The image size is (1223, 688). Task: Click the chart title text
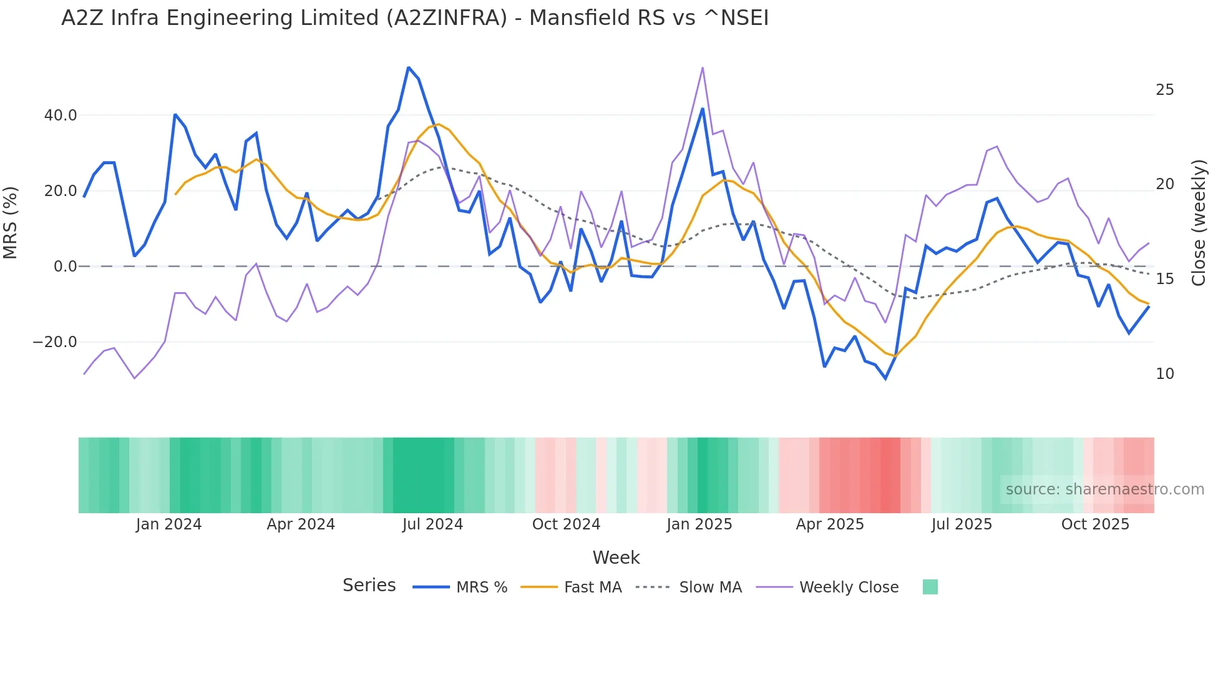click(414, 17)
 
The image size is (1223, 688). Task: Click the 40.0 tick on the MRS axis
click(61, 115)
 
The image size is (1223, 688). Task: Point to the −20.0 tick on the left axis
click(55, 342)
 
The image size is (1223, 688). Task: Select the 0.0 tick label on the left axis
click(65, 267)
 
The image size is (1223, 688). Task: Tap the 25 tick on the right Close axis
click(1164, 90)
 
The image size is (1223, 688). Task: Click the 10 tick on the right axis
click(1164, 374)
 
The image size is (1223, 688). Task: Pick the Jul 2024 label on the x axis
click(432, 524)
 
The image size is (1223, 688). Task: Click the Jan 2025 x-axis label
click(699, 524)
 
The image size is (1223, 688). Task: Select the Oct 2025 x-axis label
click(1095, 524)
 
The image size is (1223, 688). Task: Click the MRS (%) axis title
click(11, 223)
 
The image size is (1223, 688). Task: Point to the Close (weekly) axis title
click(1198, 223)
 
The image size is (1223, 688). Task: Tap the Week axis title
click(616, 558)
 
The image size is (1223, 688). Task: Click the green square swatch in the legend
click(930, 587)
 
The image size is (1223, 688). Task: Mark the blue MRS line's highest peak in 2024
click(409, 67)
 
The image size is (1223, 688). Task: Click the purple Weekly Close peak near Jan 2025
click(703, 67)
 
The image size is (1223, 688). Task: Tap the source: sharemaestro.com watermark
click(1104, 489)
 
